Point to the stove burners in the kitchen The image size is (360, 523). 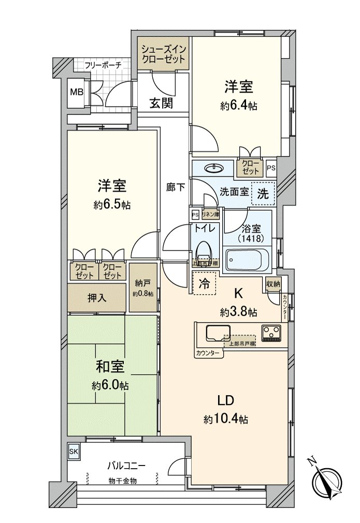tap(271, 332)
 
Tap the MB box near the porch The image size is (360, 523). tap(76, 93)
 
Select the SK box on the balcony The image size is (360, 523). tap(73, 452)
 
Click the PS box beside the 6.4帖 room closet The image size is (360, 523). tap(271, 168)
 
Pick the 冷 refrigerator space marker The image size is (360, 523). tap(204, 284)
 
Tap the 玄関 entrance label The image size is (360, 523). tap(161, 103)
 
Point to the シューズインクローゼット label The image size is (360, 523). tap(164, 54)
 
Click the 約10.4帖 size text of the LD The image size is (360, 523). tap(226, 419)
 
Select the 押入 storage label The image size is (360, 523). tap(97, 299)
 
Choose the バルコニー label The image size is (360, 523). tap(126, 465)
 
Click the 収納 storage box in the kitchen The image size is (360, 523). tap(273, 283)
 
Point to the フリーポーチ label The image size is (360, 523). tap(103, 65)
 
